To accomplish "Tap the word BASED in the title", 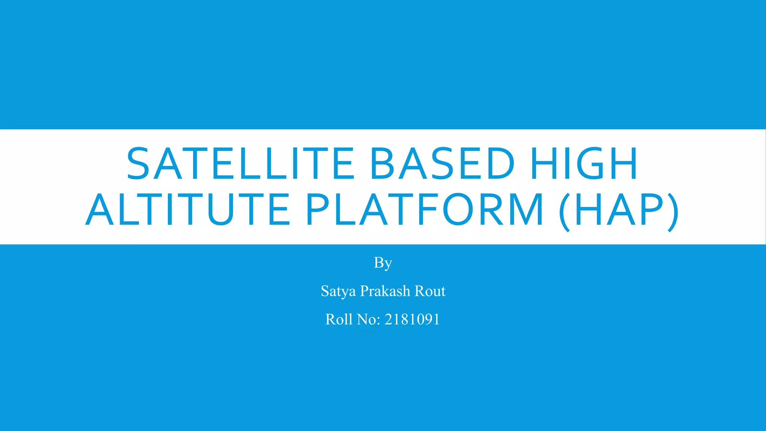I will [442, 163].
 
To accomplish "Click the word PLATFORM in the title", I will [425, 210].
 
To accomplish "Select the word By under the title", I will [383, 263].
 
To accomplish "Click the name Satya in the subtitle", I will [338, 291].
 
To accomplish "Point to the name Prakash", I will [385, 291].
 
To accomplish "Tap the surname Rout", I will [430, 291].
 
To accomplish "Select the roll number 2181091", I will [412, 320].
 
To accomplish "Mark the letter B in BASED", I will [381, 163].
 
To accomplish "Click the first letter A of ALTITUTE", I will [100, 210].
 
